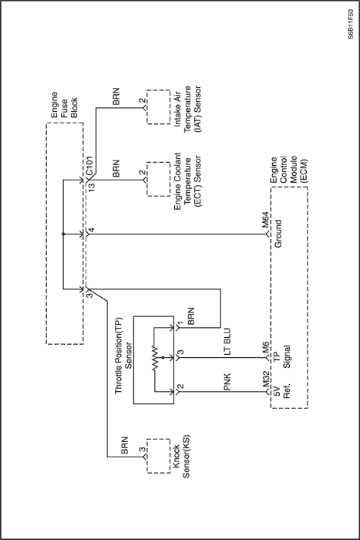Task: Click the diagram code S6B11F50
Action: coord(350,24)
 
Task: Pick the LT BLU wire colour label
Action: coord(227,341)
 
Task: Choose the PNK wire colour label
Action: coord(227,382)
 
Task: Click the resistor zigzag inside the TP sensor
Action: coord(156,358)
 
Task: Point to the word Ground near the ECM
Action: coord(278,234)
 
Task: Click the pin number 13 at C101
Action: coord(92,187)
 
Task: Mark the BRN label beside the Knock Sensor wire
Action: coord(125,445)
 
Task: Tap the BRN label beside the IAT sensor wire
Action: coord(116,96)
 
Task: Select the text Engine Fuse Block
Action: coord(64,105)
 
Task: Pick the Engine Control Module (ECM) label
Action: coord(289,170)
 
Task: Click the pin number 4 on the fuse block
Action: coord(92,230)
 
